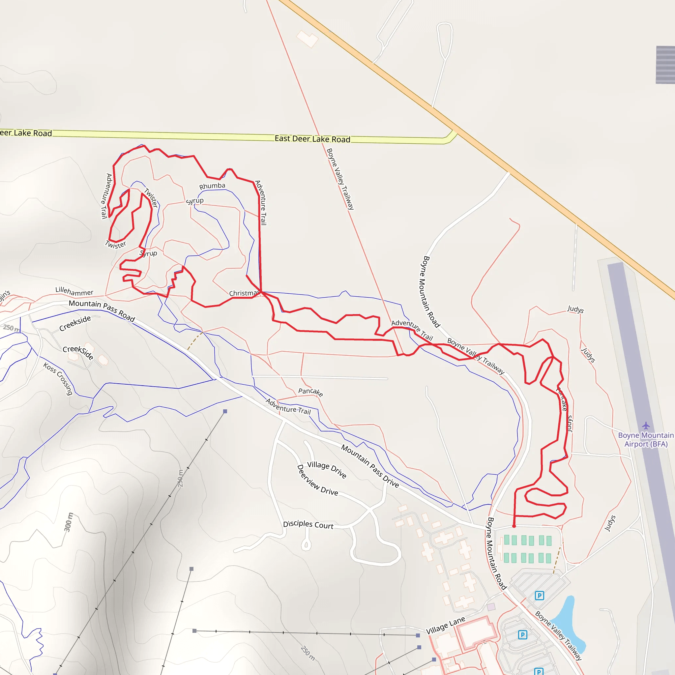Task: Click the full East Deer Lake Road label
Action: pyautogui.click(x=312, y=139)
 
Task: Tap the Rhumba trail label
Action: pyautogui.click(x=212, y=186)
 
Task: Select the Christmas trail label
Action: pyautogui.click(x=244, y=293)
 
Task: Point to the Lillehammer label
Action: pyautogui.click(x=74, y=291)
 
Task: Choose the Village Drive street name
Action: pyautogui.click(x=327, y=470)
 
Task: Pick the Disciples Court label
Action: pyautogui.click(x=308, y=524)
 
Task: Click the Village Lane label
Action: pyautogui.click(x=446, y=625)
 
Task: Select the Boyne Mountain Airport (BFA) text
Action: pyautogui.click(x=646, y=440)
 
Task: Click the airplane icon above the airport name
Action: pyautogui.click(x=646, y=426)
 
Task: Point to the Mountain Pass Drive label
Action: pyautogui.click(x=370, y=466)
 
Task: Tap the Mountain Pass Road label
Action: pyautogui.click(x=102, y=310)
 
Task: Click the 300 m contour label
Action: pyautogui.click(x=69, y=522)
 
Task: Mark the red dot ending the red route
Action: pyautogui.click(x=514, y=526)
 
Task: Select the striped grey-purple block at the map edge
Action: pyautogui.click(x=665, y=65)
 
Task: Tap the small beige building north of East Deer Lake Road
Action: pyautogui.click(x=307, y=39)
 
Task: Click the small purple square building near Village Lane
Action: pyautogui.click(x=491, y=607)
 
